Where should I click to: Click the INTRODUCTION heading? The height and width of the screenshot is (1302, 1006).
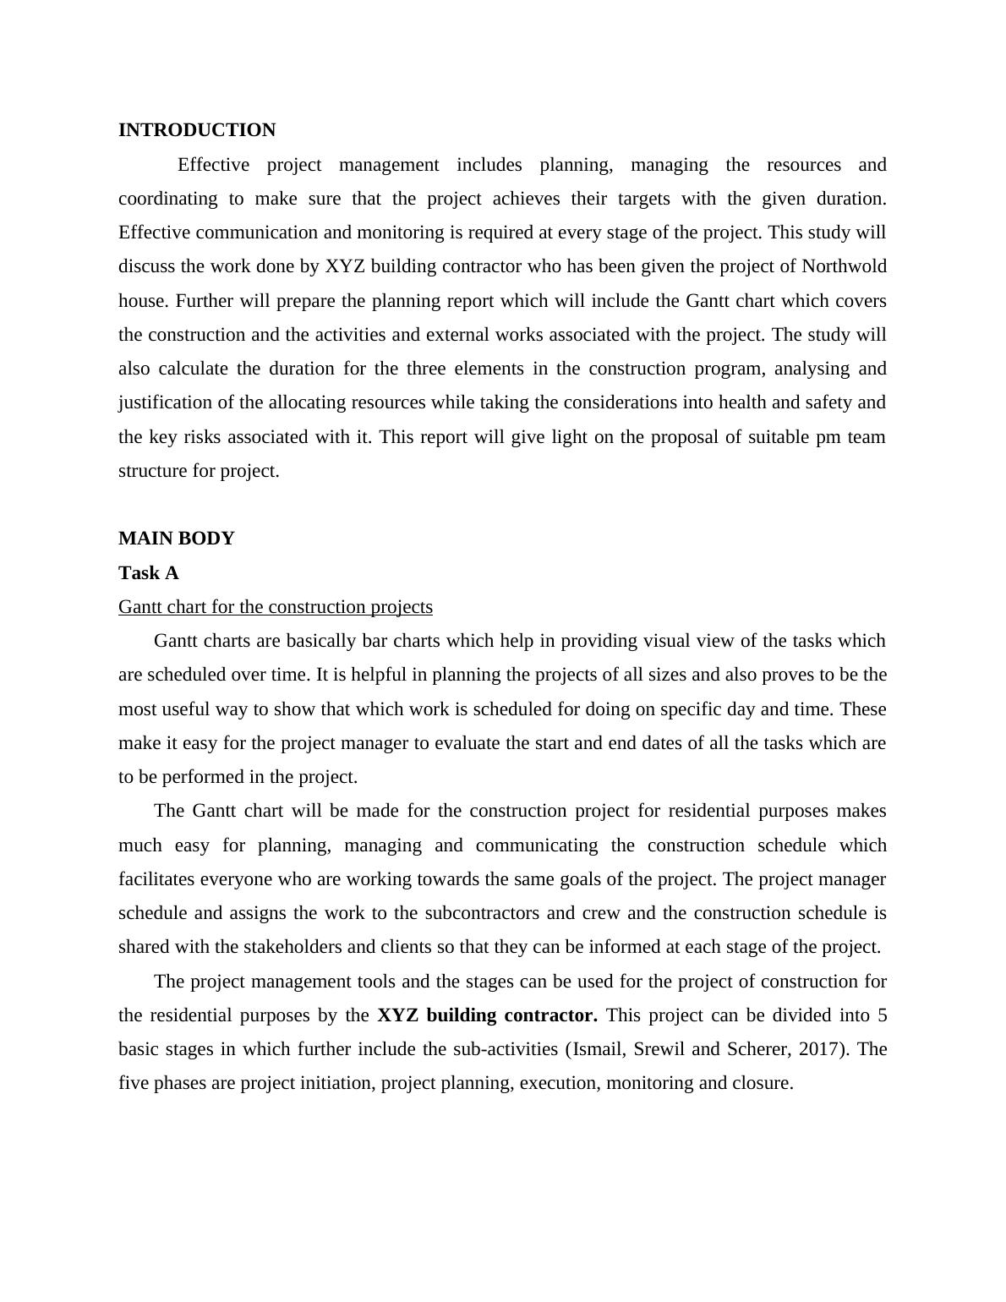tap(197, 130)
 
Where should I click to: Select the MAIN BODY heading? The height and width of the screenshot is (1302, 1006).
tap(176, 539)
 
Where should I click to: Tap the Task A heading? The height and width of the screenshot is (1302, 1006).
tap(149, 573)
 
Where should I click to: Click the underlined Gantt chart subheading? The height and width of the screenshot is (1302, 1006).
tap(275, 607)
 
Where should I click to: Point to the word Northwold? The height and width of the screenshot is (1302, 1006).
tap(844, 266)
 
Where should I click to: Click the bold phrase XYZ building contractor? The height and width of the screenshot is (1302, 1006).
tap(487, 1015)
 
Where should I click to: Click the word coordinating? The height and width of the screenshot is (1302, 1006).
tap(167, 199)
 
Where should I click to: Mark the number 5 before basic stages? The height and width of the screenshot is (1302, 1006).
tap(882, 1015)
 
